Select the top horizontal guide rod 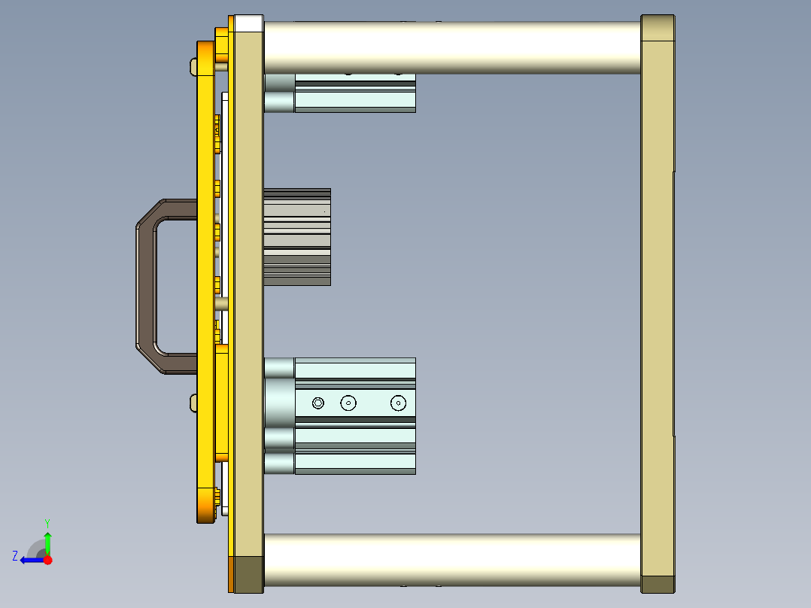point(451,47)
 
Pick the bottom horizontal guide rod point(451,560)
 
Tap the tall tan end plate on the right point(657,301)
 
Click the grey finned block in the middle point(297,236)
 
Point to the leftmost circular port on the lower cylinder point(318,403)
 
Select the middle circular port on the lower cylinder point(348,403)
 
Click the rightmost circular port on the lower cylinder point(398,403)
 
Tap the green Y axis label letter point(47,522)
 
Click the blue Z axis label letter point(15,556)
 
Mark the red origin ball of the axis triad point(48,560)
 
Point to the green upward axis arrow point(47,542)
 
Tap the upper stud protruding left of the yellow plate point(192,67)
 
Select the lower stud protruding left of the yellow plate point(192,403)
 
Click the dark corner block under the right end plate point(658,584)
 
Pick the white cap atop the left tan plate point(248,23)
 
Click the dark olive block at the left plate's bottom point(248,574)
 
